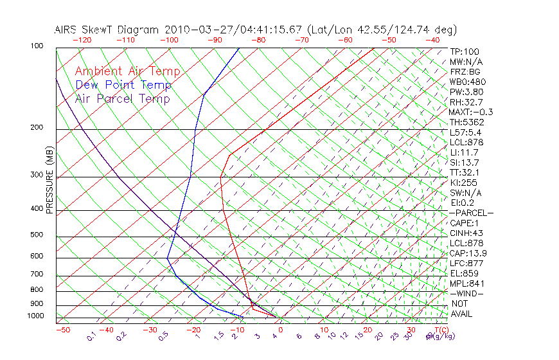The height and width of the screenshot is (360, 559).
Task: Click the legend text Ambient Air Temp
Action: click(127, 71)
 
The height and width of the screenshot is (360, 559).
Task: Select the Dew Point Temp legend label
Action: click(123, 85)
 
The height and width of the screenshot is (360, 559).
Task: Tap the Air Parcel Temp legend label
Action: click(122, 98)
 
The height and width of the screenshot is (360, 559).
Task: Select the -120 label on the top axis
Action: click(82, 40)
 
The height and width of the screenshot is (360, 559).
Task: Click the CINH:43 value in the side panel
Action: click(466, 233)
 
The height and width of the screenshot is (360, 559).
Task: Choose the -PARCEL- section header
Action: click(471, 213)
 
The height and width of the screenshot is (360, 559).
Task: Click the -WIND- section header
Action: click(466, 293)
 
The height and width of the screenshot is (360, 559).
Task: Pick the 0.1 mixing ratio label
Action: click(91, 336)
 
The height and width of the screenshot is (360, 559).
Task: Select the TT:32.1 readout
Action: click(466, 172)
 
